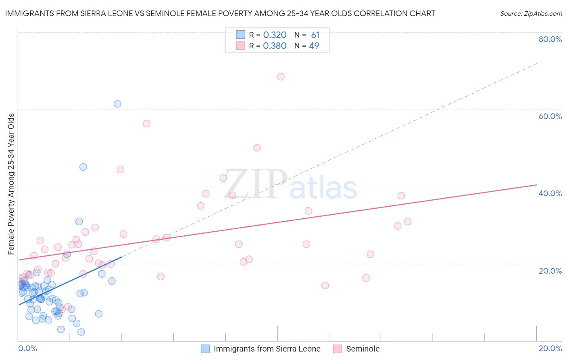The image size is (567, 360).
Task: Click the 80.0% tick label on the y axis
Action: point(550,39)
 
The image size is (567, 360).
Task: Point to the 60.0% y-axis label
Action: point(550,116)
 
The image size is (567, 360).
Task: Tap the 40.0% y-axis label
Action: point(550,193)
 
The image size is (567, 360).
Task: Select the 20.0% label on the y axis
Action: point(550,270)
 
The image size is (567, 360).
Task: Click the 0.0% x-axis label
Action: point(27,348)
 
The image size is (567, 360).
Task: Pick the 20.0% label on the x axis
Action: point(550,348)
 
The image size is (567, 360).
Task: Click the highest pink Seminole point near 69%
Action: point(281,77)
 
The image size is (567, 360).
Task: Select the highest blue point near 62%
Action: point(117,104)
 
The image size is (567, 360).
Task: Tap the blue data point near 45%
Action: point(83,167)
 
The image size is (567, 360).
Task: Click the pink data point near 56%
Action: point(146,123)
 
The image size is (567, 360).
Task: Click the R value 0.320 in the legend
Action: point(275,35)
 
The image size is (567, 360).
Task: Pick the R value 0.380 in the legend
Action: point(275,46)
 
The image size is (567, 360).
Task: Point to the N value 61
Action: point(315,35)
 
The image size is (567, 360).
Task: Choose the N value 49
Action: point(314,46)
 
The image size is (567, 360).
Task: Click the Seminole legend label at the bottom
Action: point(363,349)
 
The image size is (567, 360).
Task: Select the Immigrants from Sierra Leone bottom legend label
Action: point(267,349)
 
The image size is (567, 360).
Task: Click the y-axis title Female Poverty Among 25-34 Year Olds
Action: point(11,184)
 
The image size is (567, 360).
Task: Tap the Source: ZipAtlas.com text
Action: point(531,14)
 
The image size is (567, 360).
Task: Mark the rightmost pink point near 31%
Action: point(408,222)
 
